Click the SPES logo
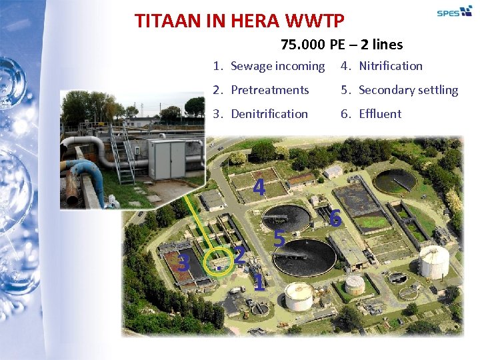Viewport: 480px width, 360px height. pos(454,11)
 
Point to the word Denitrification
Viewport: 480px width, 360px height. pos(269,114)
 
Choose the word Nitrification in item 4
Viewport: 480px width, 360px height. pos(390,66)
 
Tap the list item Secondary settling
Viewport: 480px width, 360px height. pos(408,90)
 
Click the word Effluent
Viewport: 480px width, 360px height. pos(380,114)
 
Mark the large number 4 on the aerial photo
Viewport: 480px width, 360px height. pos(259,187)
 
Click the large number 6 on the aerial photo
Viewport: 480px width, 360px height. pos(335,218)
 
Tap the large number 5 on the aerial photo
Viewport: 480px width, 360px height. pos(280,238)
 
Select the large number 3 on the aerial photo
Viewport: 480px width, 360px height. pos(185,263)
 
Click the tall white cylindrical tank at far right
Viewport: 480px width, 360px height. pos(433,262)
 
